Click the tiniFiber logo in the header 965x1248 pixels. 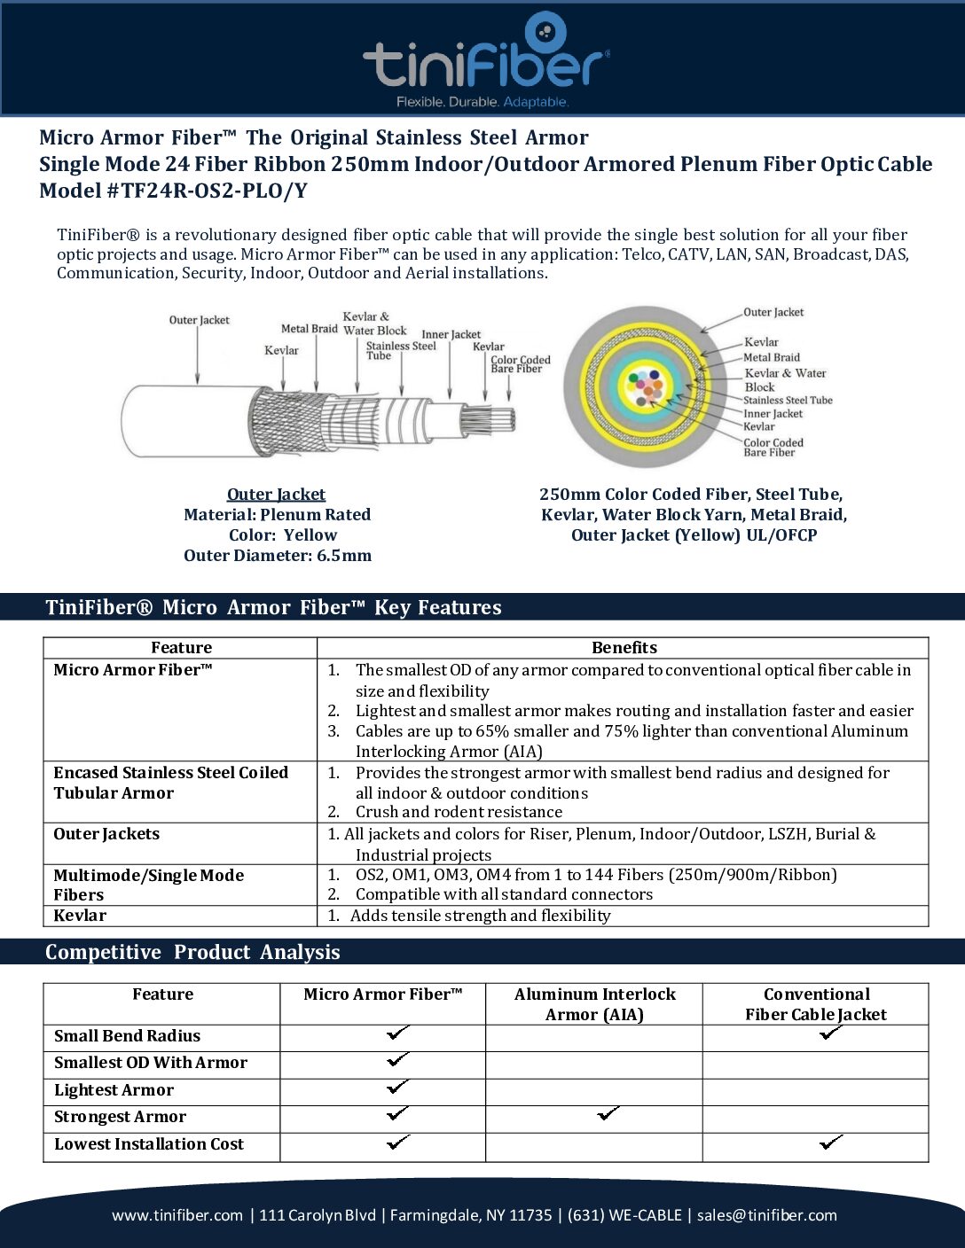[485, 60]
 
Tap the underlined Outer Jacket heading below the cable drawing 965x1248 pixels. [276, 494]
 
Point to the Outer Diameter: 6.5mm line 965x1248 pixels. [278, 556]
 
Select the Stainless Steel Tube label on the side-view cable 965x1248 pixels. [400, 350]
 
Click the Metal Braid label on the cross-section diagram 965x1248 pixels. [771, 357]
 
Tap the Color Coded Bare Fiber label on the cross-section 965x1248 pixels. [773, 448]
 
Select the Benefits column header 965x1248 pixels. [624, 648]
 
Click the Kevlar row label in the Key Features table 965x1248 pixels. [80, 916]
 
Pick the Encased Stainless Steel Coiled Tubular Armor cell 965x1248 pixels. [170, 783]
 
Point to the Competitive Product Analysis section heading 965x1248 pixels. [192, 952]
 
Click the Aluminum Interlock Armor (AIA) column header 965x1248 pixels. [594, 1004]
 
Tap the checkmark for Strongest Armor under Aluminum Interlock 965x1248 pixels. [608, 1114]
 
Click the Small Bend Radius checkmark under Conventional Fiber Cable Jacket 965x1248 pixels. [830, 1033]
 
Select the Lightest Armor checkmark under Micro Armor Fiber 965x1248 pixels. [398, 1087]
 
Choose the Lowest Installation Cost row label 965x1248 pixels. [149, 1144]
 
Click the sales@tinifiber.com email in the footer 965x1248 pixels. [766, 1215]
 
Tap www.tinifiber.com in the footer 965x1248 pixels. [177, 1215]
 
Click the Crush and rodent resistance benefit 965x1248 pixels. [459, 812]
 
